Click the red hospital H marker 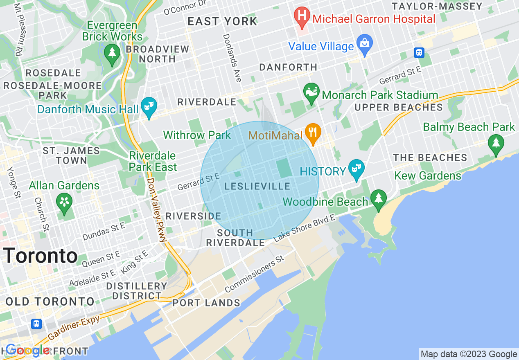coord(302,17)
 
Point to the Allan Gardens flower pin coord(64,202)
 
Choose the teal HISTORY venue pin coord(357,169)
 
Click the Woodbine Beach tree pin coord(379,199)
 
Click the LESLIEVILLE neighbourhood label coord(257,187)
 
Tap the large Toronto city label coord(41,256)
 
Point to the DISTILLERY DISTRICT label coord(137,291)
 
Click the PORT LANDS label coord(206,303)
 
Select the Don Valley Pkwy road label coord(156,209)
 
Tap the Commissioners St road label coord(254,274)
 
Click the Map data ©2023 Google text coord(469,354)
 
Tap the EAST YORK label coord(222,22)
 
